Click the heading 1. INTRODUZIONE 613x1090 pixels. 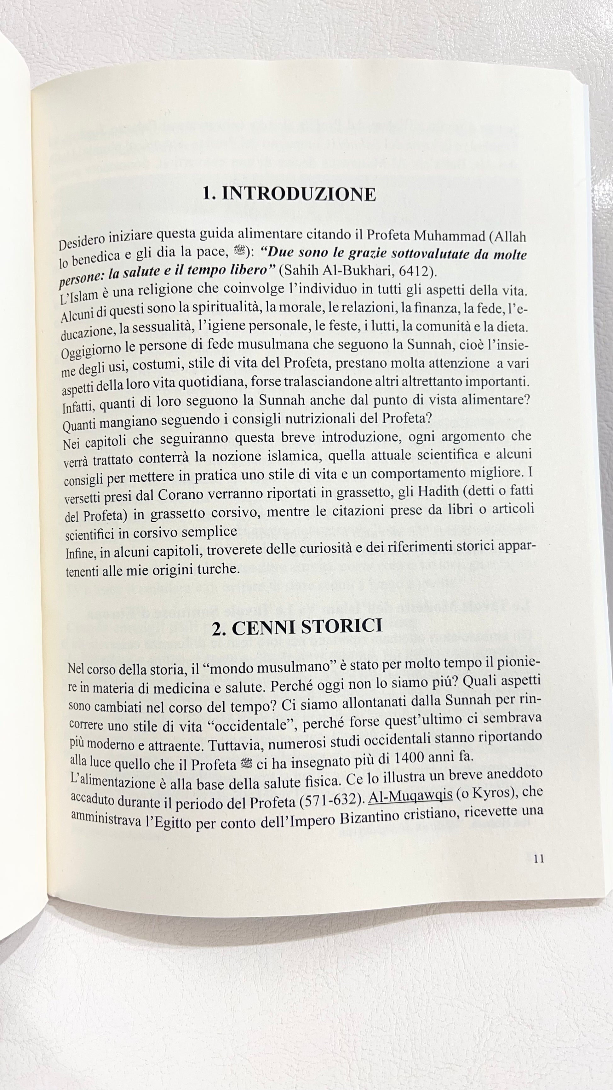[289, 194]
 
